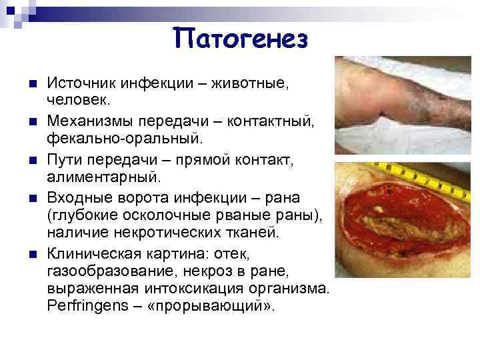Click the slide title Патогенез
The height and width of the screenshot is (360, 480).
pyautogui.click(x=241, y=39)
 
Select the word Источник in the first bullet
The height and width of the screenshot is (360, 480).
pyautogui.click(x=79, y=85)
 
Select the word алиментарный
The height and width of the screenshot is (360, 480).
pyautogui.click(x=103, y=177)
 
